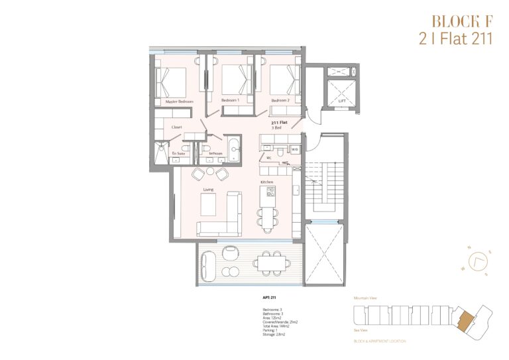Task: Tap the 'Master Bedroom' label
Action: point(178,101)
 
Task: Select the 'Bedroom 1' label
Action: point(229,101)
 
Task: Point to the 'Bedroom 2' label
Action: point(280,101)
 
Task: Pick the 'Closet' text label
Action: point(176,127)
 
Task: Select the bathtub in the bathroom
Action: point(233,148)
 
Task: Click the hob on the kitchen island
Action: point(270,192)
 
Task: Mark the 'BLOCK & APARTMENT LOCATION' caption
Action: point(380,341)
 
